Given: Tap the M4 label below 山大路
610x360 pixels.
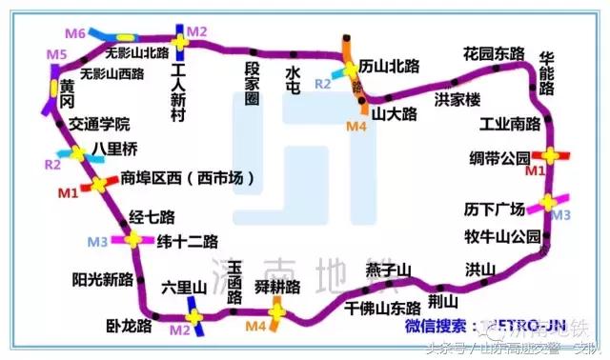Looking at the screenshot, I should pyautogui.click(x=356, y=126).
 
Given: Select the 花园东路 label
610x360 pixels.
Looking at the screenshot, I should pyautogui.click(x=494, y=53).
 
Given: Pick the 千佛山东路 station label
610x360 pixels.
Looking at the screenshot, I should pyautogui.click(x=383, y=309).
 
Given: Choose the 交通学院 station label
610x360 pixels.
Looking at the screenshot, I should pyautogui.click(x=99, y=125).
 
